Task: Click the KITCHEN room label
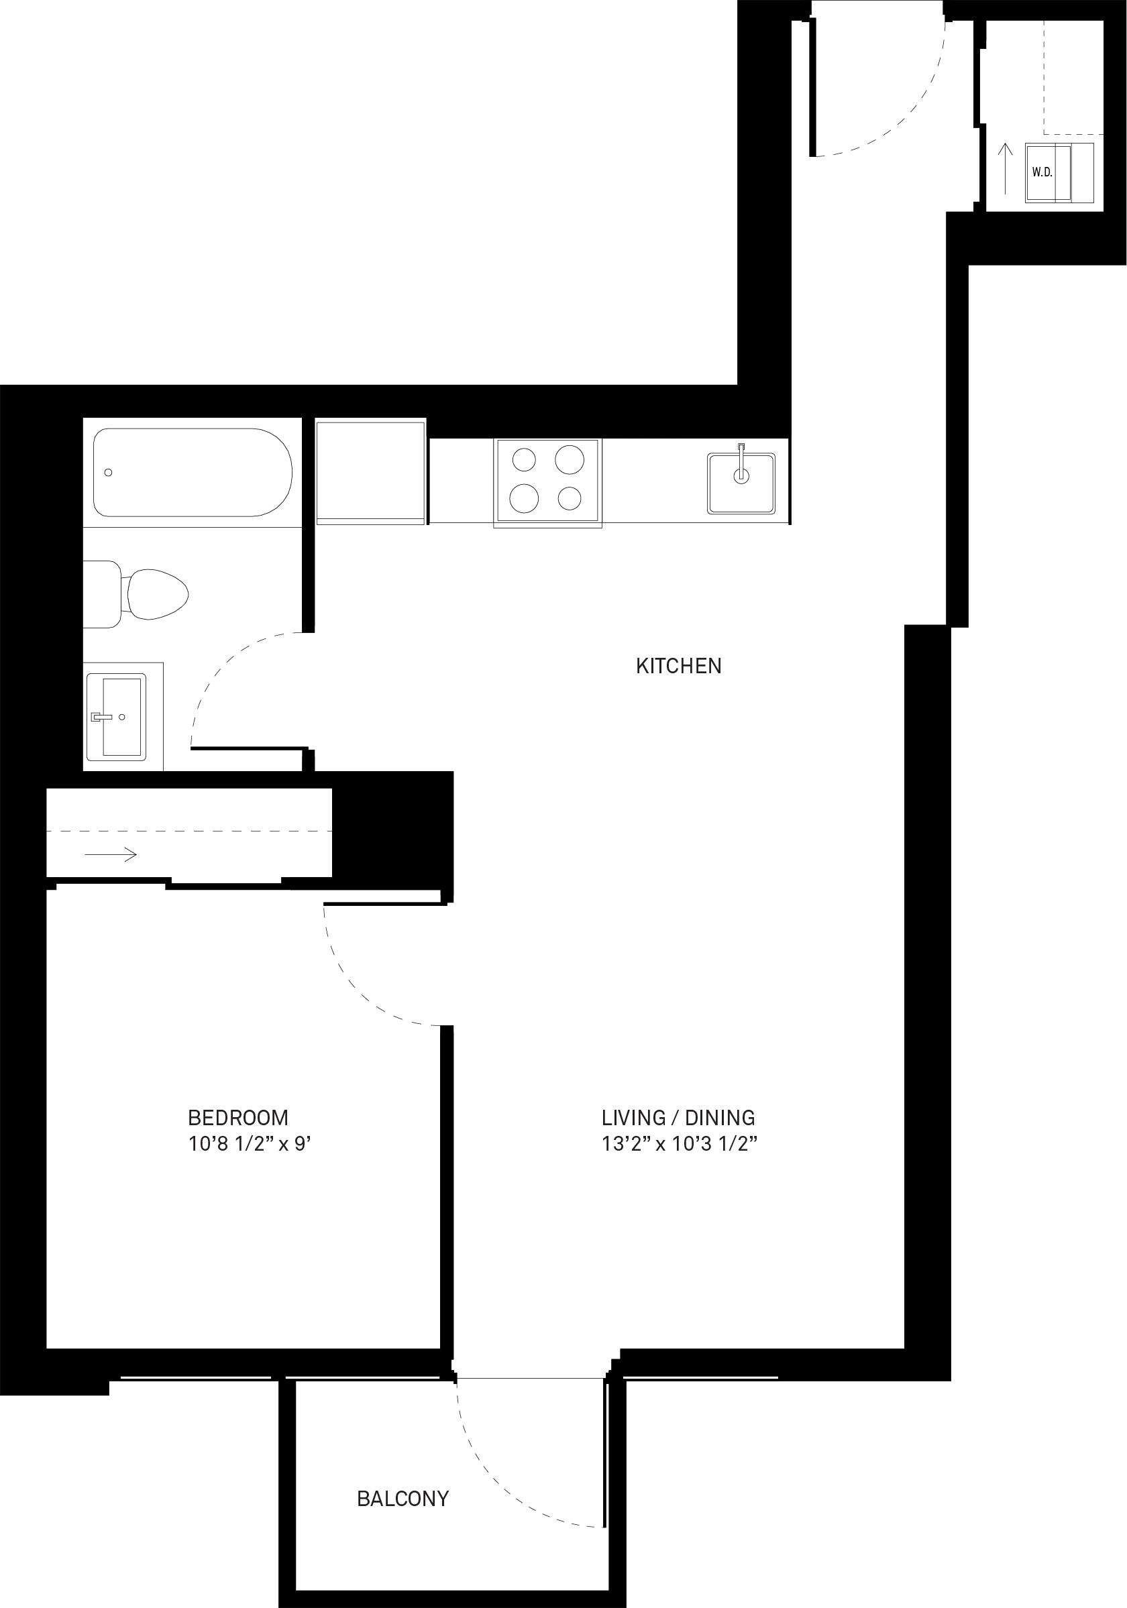(x=678, y=665)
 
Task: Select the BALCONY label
(x=402, y=1498)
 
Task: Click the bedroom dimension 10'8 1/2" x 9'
(x=250, y=1144)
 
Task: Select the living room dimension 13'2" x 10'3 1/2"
(x=680, y=1144)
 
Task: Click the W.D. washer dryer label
(x=1042, y=172)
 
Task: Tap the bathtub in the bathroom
(x=193, y=472)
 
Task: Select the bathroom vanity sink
(x=116, y=716)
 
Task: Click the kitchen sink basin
(x=741, y=483)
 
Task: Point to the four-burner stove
(x=548, y=482)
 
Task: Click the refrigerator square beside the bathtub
(x=370, y=471)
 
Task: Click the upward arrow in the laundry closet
(x=1005, y=169)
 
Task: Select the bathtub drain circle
(x=108, y=473)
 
